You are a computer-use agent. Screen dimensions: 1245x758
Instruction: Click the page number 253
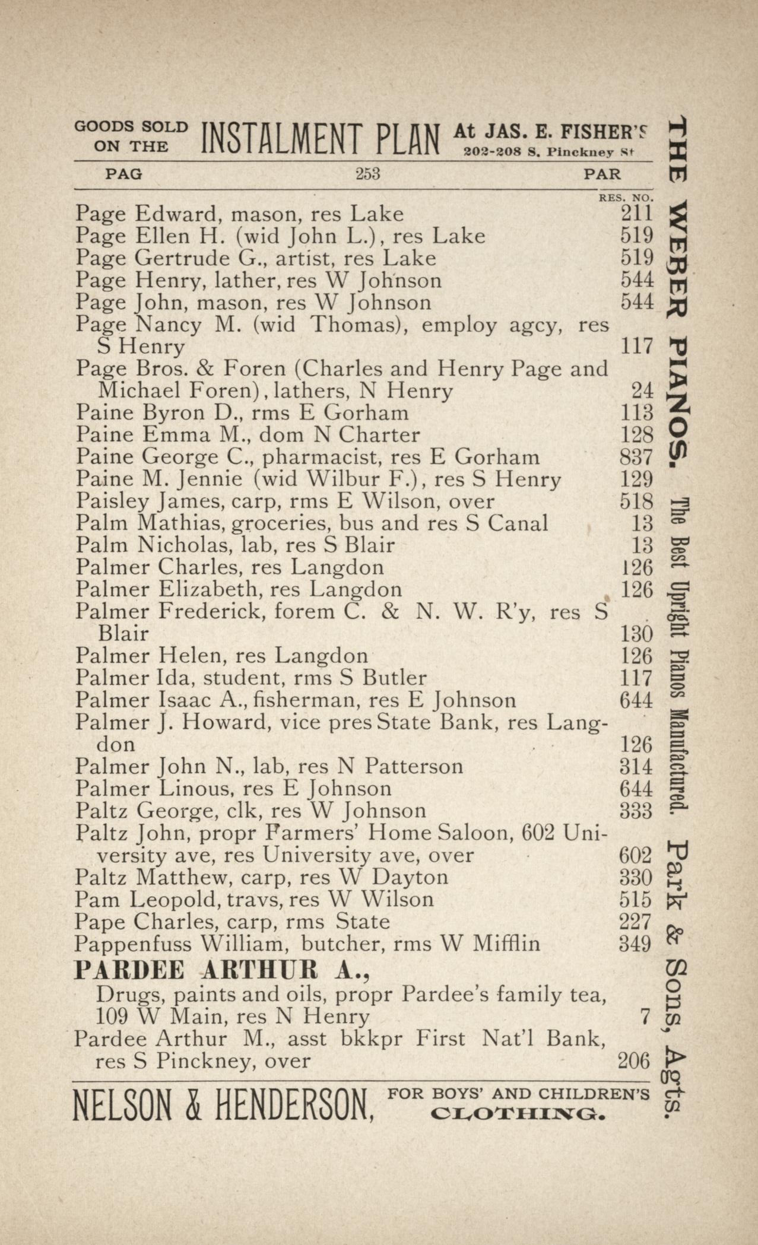coord(367,174)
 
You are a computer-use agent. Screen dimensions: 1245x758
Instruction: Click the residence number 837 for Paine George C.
coord(636,458)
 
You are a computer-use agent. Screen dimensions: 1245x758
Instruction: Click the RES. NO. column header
coord(626,197)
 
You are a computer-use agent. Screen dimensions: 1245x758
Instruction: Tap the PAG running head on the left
coord(123,174)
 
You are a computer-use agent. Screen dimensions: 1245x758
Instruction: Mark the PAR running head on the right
coord(602,174)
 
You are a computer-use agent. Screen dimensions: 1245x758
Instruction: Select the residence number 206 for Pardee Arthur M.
coord(634,1061)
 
